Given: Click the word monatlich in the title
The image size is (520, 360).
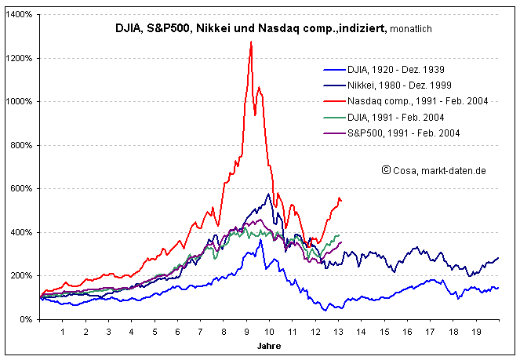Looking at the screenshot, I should [x=409, y=29].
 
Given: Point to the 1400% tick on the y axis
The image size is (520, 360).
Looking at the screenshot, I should [x=20, y=15].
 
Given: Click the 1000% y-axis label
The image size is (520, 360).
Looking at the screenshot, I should [x=20, y=102].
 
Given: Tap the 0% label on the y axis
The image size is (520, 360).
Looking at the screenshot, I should [x=27, y=319].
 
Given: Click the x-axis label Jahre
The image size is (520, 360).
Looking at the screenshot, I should [x=268, y=345].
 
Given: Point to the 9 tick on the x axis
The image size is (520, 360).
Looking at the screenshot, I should [x=246, y=332].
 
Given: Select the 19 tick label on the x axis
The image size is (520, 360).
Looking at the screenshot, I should [x=475, y=332].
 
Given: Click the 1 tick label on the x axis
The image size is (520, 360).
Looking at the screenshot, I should [x=63, y=332].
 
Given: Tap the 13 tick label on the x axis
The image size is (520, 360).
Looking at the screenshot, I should [x=338, y=332].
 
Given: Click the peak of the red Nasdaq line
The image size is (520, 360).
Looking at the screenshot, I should [x=251, y=42].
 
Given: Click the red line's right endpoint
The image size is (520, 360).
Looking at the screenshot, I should [x=341, y=201].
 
